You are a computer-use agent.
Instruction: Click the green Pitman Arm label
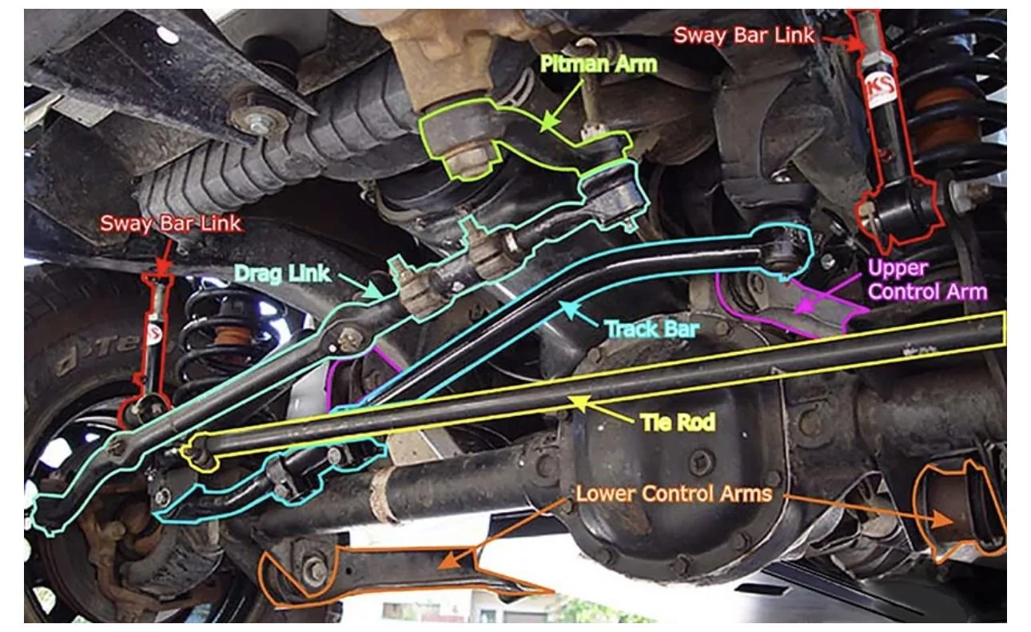[599, 64]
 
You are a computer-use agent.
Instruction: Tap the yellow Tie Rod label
[679, 422]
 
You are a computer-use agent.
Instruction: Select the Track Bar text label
[652, 329]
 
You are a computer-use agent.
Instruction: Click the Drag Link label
[282, 273]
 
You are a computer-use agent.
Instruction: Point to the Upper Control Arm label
[927, 280]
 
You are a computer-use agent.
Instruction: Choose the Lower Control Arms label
[675, 494]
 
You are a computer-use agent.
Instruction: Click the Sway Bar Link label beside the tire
[170, 223]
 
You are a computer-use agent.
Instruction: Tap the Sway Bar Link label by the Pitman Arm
[744, 35]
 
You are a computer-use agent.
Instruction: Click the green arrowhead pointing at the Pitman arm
[548, 122]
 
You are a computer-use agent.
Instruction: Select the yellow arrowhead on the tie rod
[580, 402]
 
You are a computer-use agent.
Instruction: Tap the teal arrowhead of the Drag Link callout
[372, 290]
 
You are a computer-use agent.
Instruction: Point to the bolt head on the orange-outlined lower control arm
[315, 570]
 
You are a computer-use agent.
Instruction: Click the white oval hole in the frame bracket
[167, 35]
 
